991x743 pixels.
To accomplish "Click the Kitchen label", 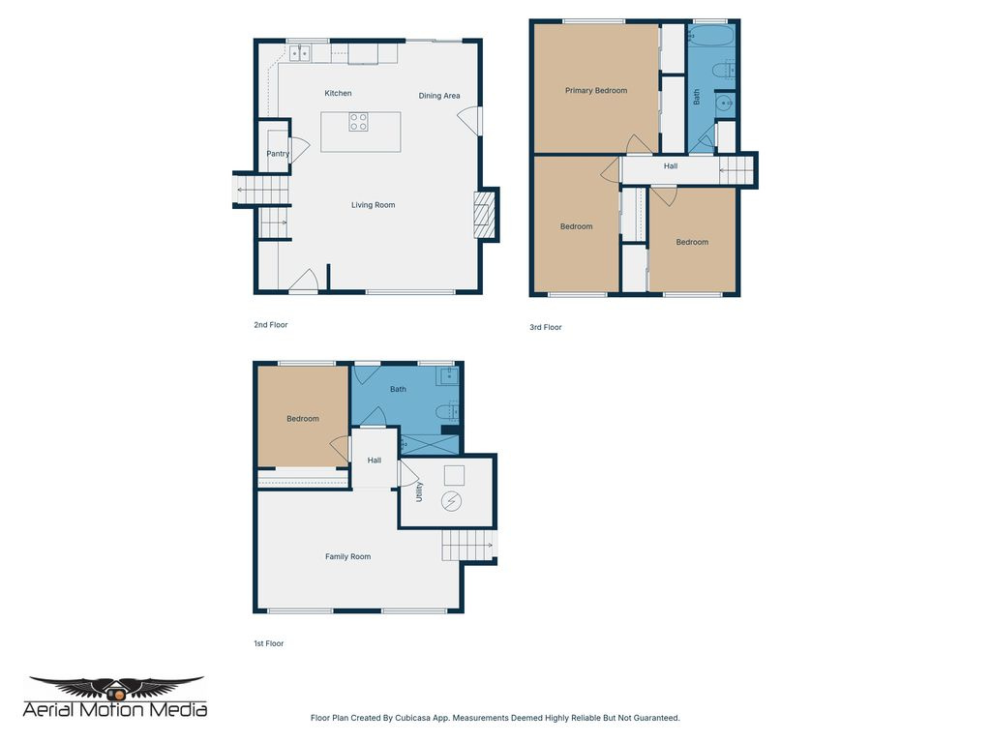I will point(338,93).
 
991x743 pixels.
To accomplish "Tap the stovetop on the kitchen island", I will point(359,121).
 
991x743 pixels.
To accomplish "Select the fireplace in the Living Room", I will point(483,214).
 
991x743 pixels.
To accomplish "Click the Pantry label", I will point(278,154).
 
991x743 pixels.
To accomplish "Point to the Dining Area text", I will point(438,96).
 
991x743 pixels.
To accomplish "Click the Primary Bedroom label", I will point(596,91).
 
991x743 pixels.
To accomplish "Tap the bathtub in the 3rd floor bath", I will point(710,40).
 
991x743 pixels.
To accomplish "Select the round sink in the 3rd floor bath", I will point(724,103).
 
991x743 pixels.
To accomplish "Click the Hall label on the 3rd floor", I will point(671,166).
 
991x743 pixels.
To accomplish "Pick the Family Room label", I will point(347,556).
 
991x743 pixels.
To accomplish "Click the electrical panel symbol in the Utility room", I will point(452,501).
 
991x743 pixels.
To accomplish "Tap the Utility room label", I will point(419,491).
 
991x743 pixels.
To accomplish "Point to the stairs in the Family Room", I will point(468,546).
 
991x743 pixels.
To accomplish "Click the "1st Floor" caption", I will point(268,643).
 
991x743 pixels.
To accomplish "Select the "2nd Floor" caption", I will point(270,325).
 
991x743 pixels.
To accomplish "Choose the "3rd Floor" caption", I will point(545,327).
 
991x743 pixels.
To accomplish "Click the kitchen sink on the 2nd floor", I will point(299,54).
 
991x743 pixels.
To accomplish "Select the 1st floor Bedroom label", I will point(302,419).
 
